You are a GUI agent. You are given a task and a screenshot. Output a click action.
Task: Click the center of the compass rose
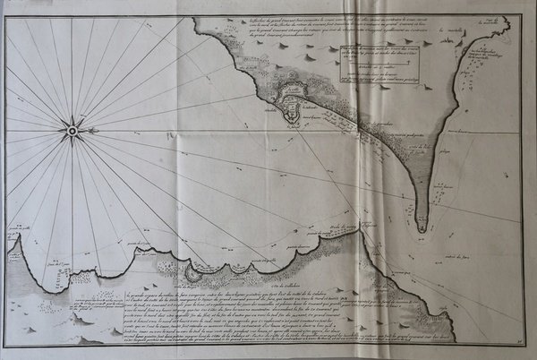(x=72, y=132)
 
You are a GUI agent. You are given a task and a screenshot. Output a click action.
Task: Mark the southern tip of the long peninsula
(x=422, y=229)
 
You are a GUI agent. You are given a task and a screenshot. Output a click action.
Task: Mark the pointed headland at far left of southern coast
(x=11, y=237)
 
